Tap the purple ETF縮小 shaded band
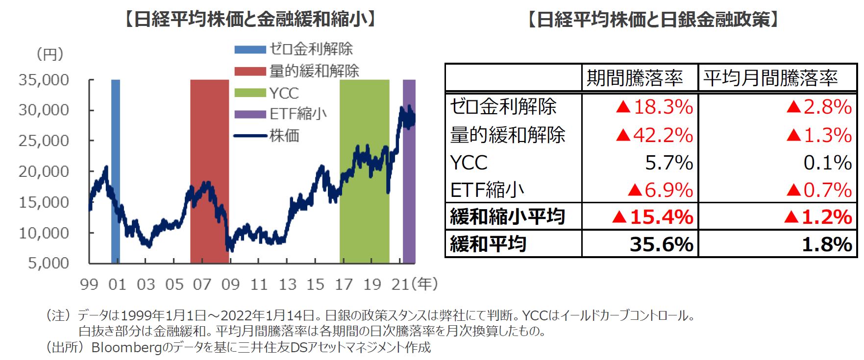pos(409,196)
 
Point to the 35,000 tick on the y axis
pos(44,80)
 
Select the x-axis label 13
pos(287,284)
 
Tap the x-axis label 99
pos(89,284)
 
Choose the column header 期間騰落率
pos(635,78)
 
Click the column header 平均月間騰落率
pos(770,78)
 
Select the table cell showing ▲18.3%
pos(654,107)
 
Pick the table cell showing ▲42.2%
pos(654,135)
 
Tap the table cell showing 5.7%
pos(668,163)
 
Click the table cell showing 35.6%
pos(661,244)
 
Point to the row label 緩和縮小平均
pos(507,216)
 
